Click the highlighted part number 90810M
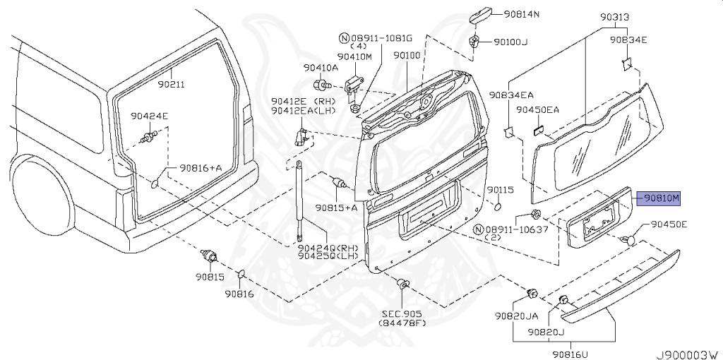[660, 198]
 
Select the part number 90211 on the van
[171, 84]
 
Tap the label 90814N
[521, 14]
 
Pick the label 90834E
[628, 40]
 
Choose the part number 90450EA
[537, 110]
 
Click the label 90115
[500, 191]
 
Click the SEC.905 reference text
[402, 313]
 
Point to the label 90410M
[354, 56]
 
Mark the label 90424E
[149, 116]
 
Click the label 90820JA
[515, 316]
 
